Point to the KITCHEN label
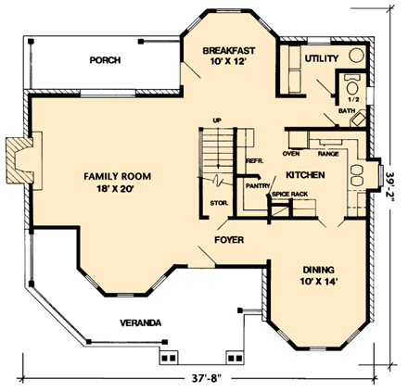pyautogui.click(x=304, y=174)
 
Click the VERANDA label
pyautogui.click(x=140, y=322)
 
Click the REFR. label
pyautogui.click(x=254, y=160)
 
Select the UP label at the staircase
pyautogui.click(x=217, y=120)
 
